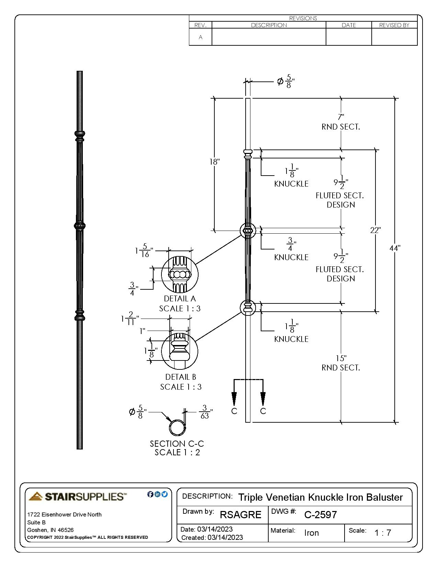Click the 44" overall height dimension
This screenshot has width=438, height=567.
pyautogui.click(x=395, y=248)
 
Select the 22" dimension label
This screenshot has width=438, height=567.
pyautogui.click(x=375, y=230)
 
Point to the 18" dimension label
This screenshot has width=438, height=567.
pyautogui.click(x=214, y=162)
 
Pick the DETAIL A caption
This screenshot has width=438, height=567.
pyautogui.click(x=180, y=299)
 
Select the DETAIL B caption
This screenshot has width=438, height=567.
pyautogui.click(x=180, y=377)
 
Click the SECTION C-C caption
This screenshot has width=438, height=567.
pyautogui.click(x=177, y=444)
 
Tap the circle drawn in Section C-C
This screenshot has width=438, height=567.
pyautogui.click(x=177, y=428)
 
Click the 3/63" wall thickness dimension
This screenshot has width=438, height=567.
pyautogui.click(x=205, y=412)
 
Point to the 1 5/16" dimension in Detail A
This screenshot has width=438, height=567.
pyautogui.click(x=144, y=250)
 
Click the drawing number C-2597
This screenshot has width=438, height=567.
pyautogui.click(x=320, y=514)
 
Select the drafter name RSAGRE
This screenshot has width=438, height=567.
pyautogui.click(x=240, y=514)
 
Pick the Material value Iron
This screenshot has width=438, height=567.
pyautogui.click(x=311, y=533)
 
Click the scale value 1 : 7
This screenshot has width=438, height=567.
pyautogui.click(x=383, y=533)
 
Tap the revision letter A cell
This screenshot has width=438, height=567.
pyautogui.click(x=201, y=37)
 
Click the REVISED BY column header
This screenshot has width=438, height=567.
pyautogui.click(x=394, y=25)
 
